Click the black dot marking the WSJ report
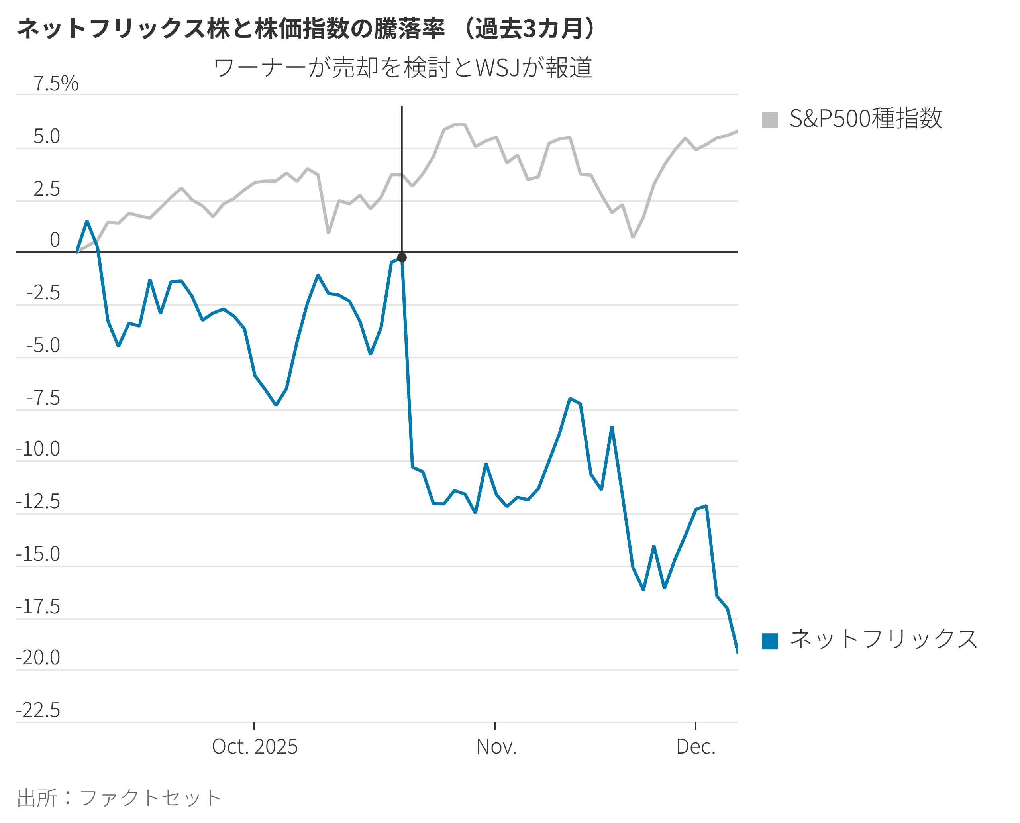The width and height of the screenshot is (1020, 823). click(402, 258)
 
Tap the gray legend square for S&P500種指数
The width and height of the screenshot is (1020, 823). click(770, 120)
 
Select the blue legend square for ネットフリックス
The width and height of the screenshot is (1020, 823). click(770, 641)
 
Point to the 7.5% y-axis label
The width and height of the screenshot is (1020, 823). click(56, 84)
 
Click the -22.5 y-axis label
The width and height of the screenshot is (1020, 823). click(38, 710)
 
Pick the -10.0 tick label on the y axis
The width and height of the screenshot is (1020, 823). click(38, 448)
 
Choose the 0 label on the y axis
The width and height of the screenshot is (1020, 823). click(55, 240)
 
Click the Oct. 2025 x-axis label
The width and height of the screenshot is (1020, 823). click(255, 746)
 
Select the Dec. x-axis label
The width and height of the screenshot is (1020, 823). click(695, 746)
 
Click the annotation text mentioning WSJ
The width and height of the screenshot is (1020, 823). click(403, 67)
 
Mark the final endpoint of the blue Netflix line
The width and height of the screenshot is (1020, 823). click(737, 653)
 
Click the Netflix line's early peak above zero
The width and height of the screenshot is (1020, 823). click(87, 222)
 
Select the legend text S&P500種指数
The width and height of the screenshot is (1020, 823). click(865, 118)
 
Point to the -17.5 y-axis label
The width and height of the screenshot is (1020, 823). click(38, 607)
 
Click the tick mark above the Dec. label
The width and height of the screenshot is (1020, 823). click(695, 726)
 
